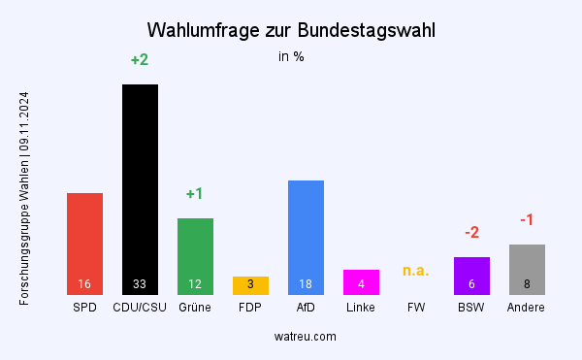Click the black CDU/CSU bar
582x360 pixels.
tap(140, 184)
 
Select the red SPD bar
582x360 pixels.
tap(84, 238)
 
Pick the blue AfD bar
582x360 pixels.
tap(306, 233)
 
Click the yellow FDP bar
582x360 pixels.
tap(250, 285)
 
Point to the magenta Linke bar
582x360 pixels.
tap(361, 281)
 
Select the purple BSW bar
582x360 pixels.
tap(471, 275)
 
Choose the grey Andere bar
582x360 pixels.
tap(527, 268)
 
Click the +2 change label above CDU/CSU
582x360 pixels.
tap(140, 60)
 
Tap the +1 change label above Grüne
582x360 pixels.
tap(195, 194)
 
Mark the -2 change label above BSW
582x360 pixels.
tap(471, 233)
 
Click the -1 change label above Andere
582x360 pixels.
tap(527, 220)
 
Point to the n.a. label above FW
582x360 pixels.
tap(416, 271)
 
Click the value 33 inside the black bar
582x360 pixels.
tap(140, 284)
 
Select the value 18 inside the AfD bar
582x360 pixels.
tap(306, 284)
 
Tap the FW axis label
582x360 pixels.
tap(416, 308)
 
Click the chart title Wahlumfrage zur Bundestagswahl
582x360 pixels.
tap(291, 30)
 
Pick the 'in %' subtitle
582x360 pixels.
tap(291, 56)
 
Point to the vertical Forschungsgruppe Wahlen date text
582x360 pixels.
tap(24, 198)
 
